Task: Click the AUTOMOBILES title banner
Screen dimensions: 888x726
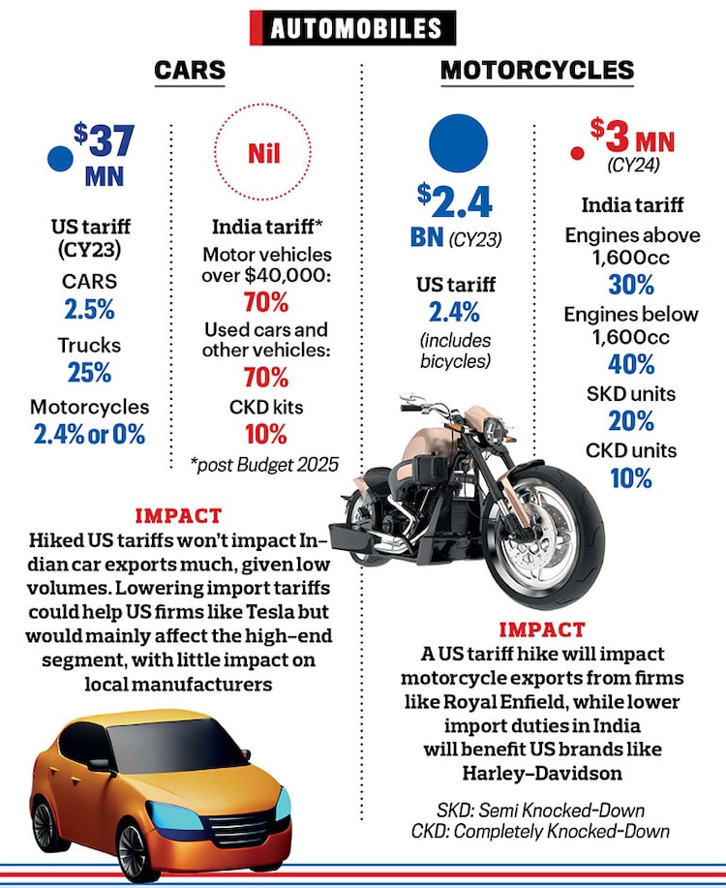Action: (x=352, y=28)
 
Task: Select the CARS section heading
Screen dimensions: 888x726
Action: (x=190, y=70)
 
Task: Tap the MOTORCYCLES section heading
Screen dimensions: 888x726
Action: (x=537, y=70)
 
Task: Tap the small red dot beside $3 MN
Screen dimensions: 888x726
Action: (x=577, y=153)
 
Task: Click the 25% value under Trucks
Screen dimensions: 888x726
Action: (x=89, y=372)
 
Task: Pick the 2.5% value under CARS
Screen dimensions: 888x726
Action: (x=89, y=312)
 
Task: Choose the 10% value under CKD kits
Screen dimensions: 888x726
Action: (x=265, y=433)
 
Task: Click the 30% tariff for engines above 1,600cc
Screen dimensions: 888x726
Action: (x=631, y=285)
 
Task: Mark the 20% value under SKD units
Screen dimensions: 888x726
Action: (x=631, y=422)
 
